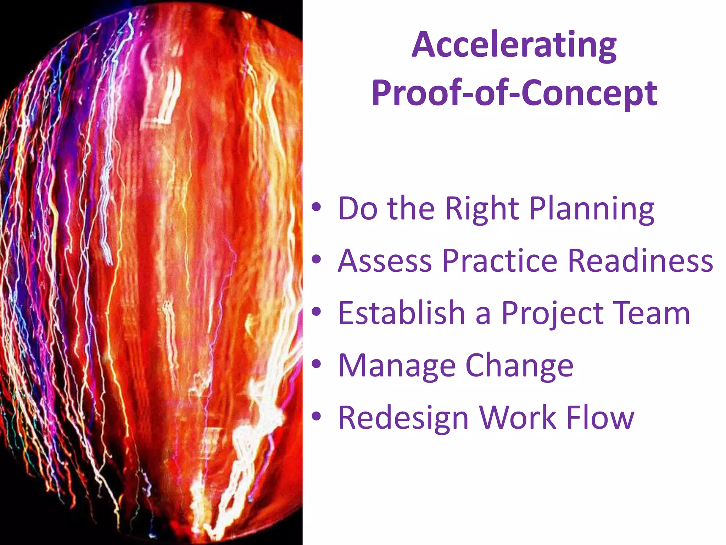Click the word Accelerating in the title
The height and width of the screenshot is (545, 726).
514,45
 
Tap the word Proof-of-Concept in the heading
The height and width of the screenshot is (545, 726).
514,93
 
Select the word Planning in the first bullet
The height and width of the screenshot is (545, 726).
592,209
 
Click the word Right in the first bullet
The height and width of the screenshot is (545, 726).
482,209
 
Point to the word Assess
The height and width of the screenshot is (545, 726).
385,261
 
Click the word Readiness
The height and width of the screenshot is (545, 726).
640,261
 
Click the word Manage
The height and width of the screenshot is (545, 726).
397,366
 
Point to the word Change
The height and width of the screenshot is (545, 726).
519,366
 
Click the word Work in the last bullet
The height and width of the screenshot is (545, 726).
518,418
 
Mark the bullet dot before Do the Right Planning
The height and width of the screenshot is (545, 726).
316,208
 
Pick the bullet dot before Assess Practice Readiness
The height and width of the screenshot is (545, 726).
316,260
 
